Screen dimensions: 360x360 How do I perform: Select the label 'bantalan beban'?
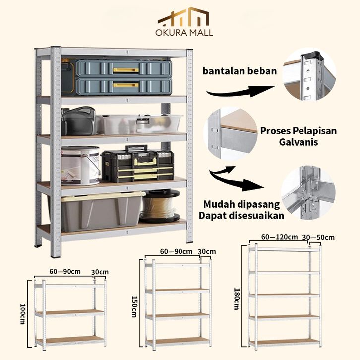240,71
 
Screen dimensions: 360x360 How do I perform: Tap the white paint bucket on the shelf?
80,165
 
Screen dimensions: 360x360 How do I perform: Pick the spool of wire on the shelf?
160,205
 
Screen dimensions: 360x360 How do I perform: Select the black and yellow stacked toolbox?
137,164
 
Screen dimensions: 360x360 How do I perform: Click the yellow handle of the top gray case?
125,70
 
